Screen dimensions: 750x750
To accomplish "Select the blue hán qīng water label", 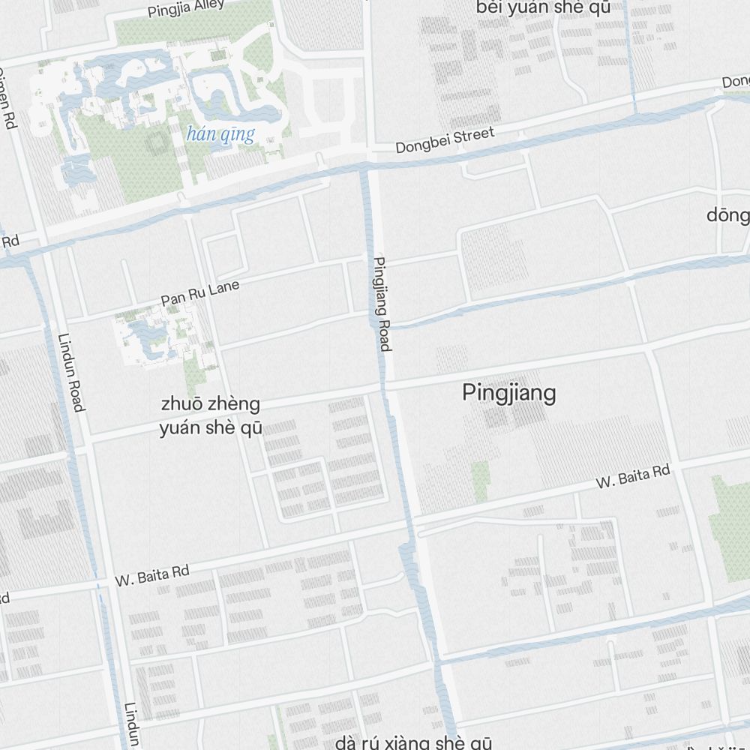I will [x=220, y=135].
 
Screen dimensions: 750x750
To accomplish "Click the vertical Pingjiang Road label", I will [x=382, y=304].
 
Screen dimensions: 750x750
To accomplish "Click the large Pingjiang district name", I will [x=509, y=393].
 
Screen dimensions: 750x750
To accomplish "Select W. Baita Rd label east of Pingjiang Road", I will [x=632, y=477].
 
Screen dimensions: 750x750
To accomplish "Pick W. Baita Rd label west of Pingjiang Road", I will [x=151, y=575].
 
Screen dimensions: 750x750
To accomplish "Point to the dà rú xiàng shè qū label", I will [x=413, y=742].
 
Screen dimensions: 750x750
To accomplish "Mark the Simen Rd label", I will [x=7, y=97].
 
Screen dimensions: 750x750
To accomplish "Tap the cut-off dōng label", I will [x=728, y=216].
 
